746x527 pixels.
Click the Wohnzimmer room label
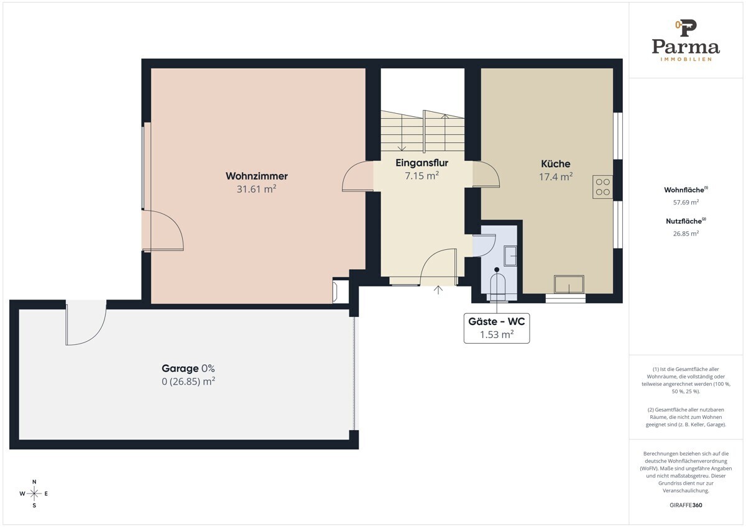256,176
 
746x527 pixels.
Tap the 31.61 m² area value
256,189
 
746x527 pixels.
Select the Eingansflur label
421,163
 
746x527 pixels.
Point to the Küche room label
556,163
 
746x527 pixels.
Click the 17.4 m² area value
556,176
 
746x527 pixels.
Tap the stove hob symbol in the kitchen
602,187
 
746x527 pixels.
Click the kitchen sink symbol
569,284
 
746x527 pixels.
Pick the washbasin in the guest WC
510,255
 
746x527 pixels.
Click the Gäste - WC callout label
497,328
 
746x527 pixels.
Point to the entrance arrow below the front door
438,290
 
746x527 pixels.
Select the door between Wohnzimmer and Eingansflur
357,176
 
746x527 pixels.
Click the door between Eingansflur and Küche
486,174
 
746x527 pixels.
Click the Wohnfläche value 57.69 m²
686,202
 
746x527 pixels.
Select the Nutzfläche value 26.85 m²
686,234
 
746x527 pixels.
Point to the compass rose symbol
34,493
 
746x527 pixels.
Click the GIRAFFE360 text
686,505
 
